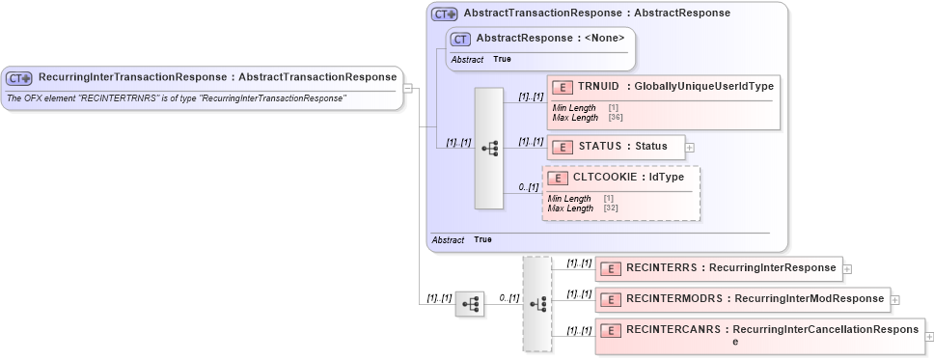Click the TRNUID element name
coord(598,86)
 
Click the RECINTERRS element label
coord(665,267)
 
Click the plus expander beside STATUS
coord(690,147)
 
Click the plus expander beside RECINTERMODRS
coord(895,299)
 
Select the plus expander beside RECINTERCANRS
coord(929,337)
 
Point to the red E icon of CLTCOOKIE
coord(557,178)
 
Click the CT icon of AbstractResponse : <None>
coord(460,39)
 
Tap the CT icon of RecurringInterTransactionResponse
coord(19,77)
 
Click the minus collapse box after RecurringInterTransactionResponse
coord(408,89)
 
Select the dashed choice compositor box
coord(537,303)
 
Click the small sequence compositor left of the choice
coord(470,303)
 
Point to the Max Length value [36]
coord(616,118)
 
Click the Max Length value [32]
coord(611,208)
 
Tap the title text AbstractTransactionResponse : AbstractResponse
coord(596,14)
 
